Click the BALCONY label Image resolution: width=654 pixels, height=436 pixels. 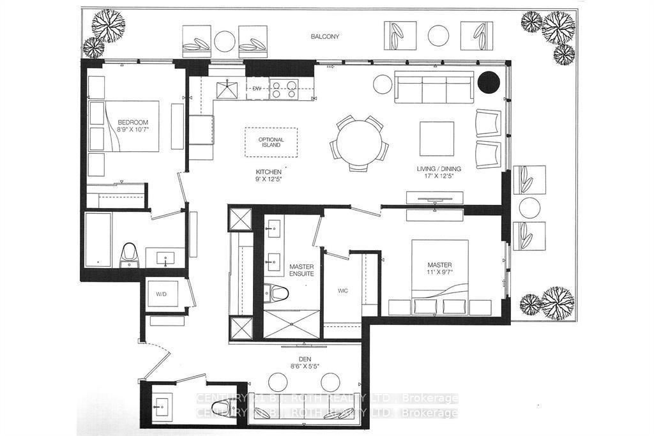tap(326, 37)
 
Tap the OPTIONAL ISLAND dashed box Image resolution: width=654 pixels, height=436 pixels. tap(271, 142)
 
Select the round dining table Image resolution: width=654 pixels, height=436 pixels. tap(360, 143)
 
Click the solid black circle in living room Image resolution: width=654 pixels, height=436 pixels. tap(489, 82)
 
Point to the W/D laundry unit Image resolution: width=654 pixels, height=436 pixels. tap(162, 294)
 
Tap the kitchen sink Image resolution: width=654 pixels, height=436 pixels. tap(229, 89)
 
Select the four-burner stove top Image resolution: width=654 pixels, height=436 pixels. tap(284, 89)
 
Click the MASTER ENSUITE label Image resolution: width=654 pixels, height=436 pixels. tap(301, 270)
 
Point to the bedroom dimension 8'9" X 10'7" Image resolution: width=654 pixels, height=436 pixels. tap(132, 130)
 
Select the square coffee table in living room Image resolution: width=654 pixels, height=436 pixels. tap(437, 137)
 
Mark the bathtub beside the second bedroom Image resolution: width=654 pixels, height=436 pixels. tap(98, 239)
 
